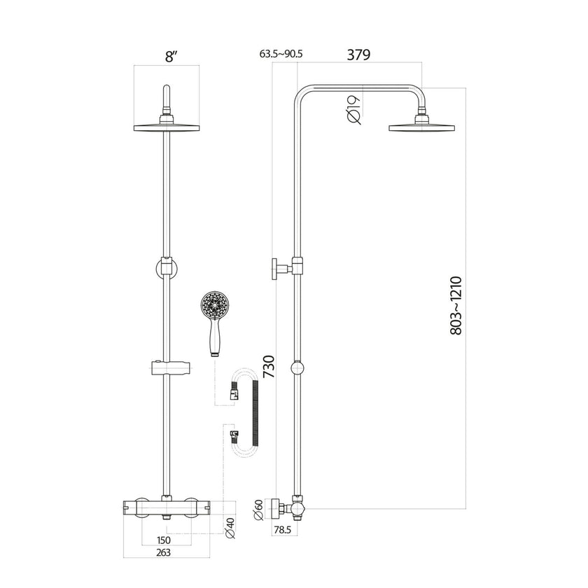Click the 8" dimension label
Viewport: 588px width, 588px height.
coord(169,57)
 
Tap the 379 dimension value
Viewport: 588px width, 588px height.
coord(359,54)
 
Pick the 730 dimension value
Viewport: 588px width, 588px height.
coord(268,367)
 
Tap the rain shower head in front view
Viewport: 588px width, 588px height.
coord(167,127)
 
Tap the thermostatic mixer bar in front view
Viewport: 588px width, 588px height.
coord(167,505)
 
